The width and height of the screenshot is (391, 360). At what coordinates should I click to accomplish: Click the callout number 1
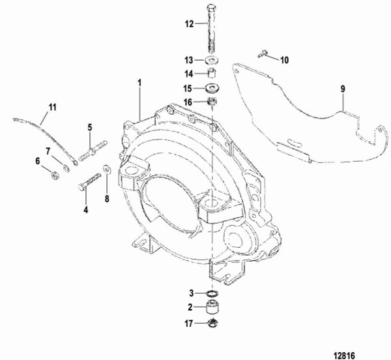139,83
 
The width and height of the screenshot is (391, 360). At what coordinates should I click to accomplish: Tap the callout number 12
189,23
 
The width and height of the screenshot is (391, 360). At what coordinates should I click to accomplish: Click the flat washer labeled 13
211,60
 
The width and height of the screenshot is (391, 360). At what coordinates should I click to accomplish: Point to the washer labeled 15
211,88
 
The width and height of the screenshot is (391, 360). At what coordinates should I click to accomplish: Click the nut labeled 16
211,102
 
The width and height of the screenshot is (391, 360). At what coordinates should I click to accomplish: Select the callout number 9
341,89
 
